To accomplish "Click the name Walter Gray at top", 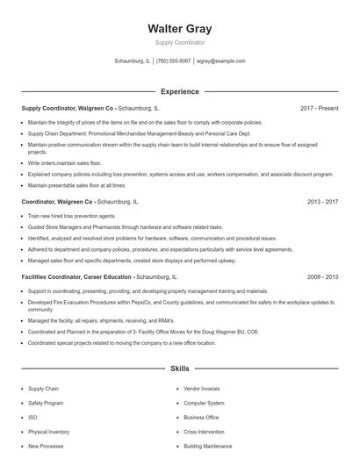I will click(x=180, y=28).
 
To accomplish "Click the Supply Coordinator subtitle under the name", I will click(x=180, y=42).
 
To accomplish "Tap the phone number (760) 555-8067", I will click(x=174, y=61).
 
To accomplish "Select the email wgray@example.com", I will click(x=221, y=61).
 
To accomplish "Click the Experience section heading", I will click(x=180, y=91).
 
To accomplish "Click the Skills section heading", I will click(x=180, y=369).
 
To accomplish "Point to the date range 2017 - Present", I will click(x=319, y=108).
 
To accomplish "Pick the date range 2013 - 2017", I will click(x=322, y=202).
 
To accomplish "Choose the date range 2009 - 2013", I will click(x=322, y=276).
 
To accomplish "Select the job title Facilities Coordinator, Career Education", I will click(x=77, y=276).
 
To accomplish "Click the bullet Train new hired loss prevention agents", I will click(x=72, y=216).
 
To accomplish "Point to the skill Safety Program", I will click(x=46, y=403).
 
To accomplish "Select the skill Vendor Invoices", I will click(x=202, y=388).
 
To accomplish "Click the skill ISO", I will click(x=32, y=418).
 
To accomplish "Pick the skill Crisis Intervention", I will click(x=205, y=432).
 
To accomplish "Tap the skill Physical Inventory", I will click(x=49, y=432).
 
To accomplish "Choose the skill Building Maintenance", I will click(x=208, y=447).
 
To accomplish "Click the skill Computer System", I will click(x=204, y=403).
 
